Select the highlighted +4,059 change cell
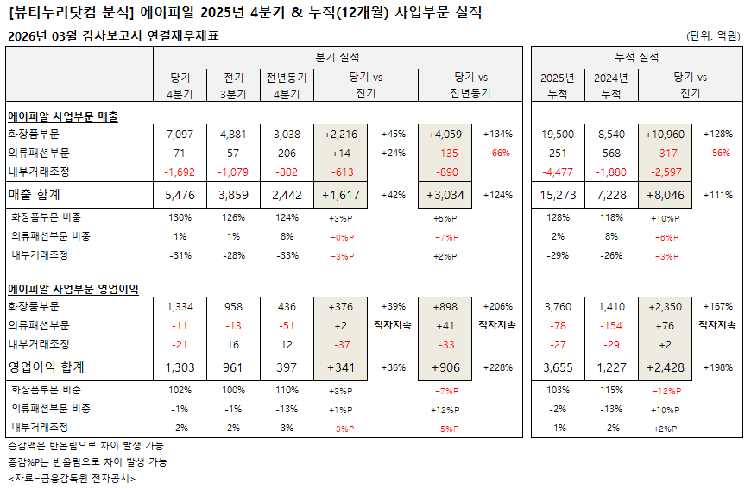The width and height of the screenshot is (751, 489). point(445,135)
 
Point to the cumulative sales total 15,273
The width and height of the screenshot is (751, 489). point(557,196)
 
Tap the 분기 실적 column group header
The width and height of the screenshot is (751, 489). point(338,56)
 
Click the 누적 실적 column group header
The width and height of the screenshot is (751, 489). point(636,56)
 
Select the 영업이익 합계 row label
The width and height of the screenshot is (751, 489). point(49,367)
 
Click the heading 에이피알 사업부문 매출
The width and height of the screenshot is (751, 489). point(63,116)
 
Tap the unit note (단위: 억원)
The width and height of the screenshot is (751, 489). point(714,36)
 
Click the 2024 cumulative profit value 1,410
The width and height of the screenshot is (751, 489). point(610,306)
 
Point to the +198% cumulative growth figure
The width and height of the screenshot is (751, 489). point(718,367)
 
